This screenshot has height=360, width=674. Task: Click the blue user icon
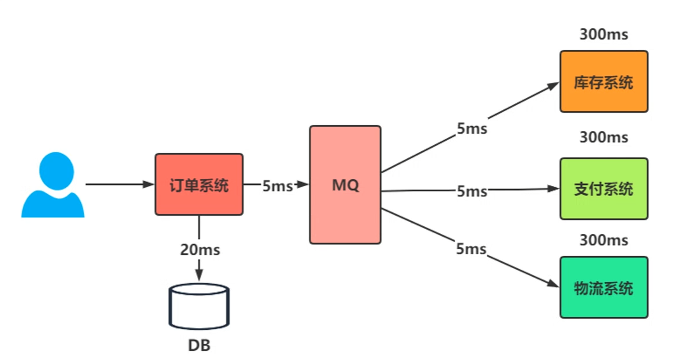(54, 186)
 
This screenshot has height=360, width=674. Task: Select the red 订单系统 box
(198, 184)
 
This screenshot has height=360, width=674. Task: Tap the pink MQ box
(345, 184)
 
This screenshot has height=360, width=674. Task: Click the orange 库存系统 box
(603, 81)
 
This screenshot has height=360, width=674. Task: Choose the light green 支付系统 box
(603, 189)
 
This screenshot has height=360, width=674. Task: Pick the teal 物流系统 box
(603, 287)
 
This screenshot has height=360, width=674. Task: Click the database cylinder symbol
(199, 306)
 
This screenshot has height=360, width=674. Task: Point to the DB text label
(199, 345)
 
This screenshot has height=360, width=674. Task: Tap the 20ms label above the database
(199, 250)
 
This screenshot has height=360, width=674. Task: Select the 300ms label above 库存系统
(604, 34)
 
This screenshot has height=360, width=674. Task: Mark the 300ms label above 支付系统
(604, 138)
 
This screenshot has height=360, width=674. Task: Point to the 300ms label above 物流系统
(604, 240)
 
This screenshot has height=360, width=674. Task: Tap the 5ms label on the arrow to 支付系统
(472, 191)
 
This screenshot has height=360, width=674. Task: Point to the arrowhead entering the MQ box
(302, 185)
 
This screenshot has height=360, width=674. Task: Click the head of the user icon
(56, 169)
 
